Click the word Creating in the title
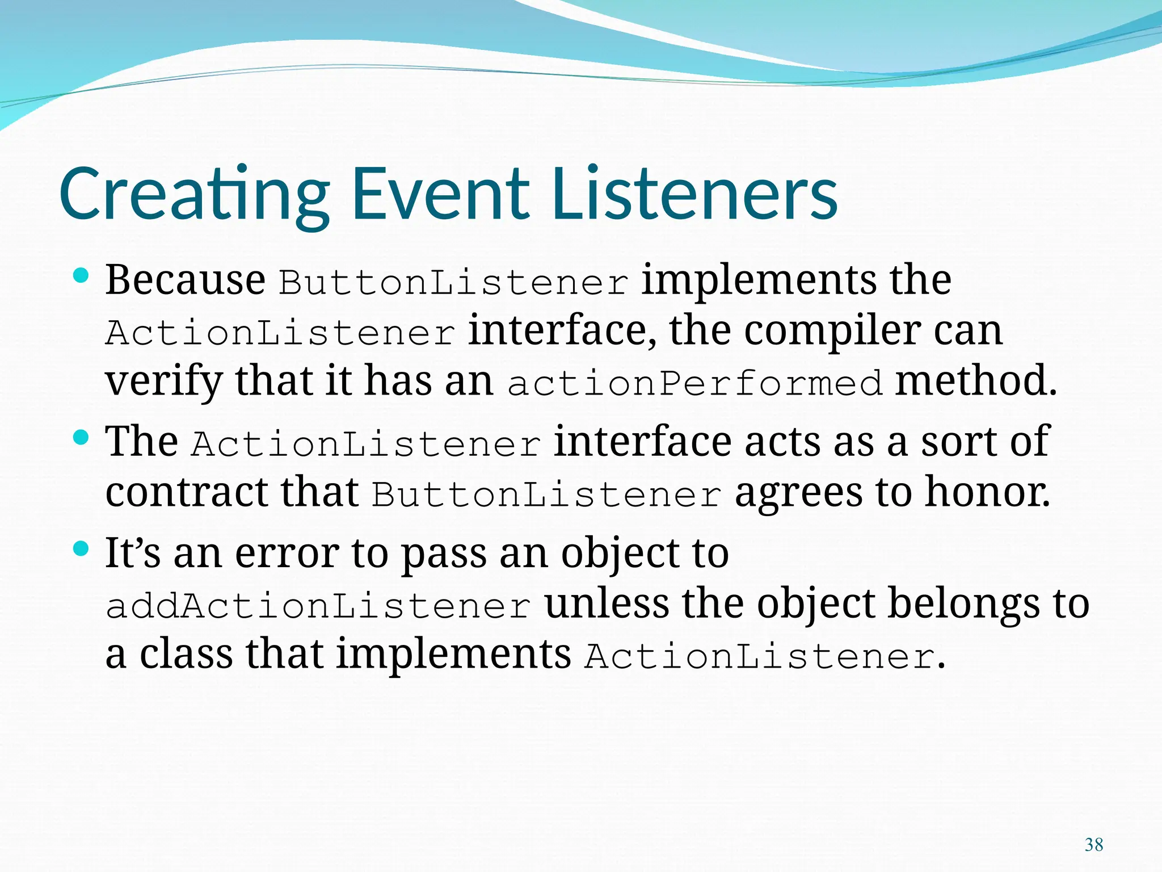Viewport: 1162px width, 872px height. pyautogui.click(x=193, y=194)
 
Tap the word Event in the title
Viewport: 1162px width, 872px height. pyautogui.click(x=441, y=194)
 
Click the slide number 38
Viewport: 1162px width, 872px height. pyautogui.click(x=1093, y=845)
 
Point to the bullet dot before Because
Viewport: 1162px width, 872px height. pyautogui.click(x=82, y=276)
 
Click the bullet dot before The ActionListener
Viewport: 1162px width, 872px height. pyautogui.click(x=82, y=438)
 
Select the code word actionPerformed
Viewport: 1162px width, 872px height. pyautogui.click(x=694, y=383)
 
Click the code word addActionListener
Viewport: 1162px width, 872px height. pyautogui.click(x=318, y=606)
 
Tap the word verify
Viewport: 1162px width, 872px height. pyautogui.click(x=164, y=381)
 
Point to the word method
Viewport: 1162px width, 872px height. pyautogui.click(x=975, y=380)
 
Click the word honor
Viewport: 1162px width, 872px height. pyautogui.click(x=987, y=492)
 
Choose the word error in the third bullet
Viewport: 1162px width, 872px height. pyautogui.click(x=287, y=553)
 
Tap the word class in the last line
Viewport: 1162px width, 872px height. pyautogui.click(x=186, y=653)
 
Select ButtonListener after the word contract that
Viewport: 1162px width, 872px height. pyautogui.click(x=546, y=494)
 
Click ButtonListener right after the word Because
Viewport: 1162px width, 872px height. pyautogui.click(x=453, y=282)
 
